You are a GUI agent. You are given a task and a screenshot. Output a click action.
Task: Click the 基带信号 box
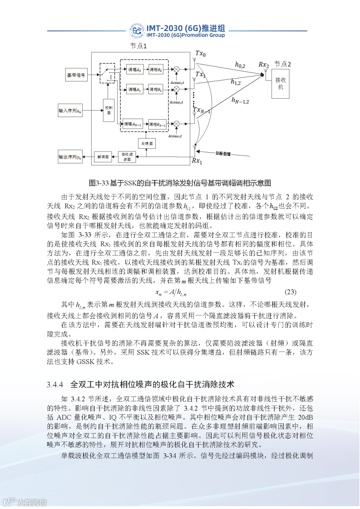[76, 75]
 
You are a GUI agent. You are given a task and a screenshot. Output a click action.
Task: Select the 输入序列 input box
[70, 111]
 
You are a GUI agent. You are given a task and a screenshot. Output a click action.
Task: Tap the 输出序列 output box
[70, 157]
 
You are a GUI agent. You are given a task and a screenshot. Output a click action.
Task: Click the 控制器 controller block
[109, 110]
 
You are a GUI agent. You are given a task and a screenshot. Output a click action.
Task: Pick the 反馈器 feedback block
[147, 144]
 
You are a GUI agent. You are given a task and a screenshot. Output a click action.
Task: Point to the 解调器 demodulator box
[103, 157]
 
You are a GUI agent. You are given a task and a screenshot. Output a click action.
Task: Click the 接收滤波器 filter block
[127, 157]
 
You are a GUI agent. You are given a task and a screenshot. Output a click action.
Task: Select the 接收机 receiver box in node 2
[280, 84]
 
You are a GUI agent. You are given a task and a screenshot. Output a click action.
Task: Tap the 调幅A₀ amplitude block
[135, 70]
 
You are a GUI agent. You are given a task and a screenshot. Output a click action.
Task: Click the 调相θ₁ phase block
[156, 89]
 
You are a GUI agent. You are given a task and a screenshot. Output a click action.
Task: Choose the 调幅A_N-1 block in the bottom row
[133, 124]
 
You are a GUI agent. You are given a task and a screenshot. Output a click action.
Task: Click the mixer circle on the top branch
[177, 69]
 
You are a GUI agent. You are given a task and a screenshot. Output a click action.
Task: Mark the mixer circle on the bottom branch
[177, 124]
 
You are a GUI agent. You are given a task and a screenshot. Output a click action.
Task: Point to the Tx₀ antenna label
[200, 53]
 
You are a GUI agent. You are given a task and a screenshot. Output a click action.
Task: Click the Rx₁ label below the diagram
[197, 161]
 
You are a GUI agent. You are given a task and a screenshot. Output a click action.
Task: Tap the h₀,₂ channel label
[240, 65]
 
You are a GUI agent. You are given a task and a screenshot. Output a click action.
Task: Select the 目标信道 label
[223, 153]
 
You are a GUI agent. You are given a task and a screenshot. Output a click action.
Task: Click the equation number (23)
[290, 292]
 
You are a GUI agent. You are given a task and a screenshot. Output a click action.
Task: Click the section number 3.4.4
[55, 385]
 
